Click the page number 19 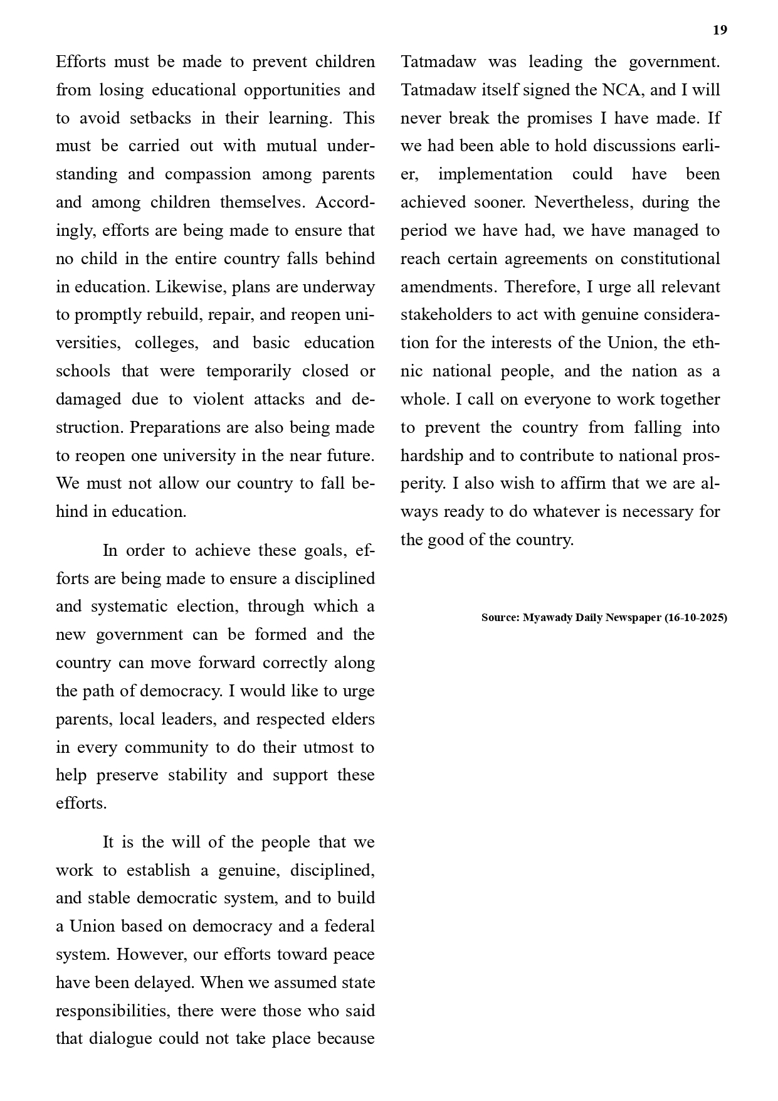pyautogui.click(x=720, y=30)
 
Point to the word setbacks pyautogui.click(x=159, y=119)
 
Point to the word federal pyautogui.click(x=347, y=927)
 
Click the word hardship pyautogui.click(x=432, y=456)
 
